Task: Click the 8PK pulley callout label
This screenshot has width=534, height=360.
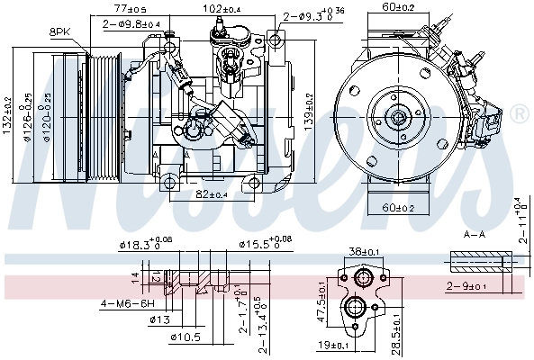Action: click(x=59, y=31)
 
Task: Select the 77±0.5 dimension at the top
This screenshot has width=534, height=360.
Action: click(x=130, y=9)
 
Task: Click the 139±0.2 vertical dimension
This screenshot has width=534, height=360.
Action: click(x=308, y=109)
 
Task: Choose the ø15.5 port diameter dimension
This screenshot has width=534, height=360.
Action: click(x=263, y=244)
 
